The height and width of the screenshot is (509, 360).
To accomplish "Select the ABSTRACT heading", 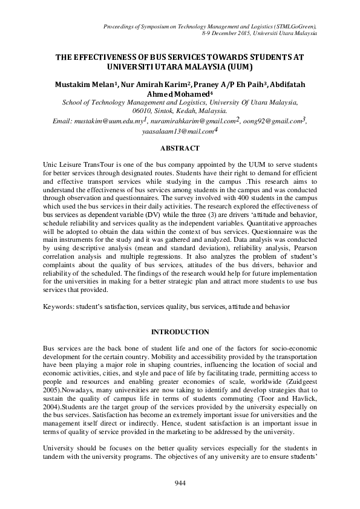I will coord(180,147).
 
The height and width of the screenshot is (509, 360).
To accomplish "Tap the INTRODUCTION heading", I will coord(180,332).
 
